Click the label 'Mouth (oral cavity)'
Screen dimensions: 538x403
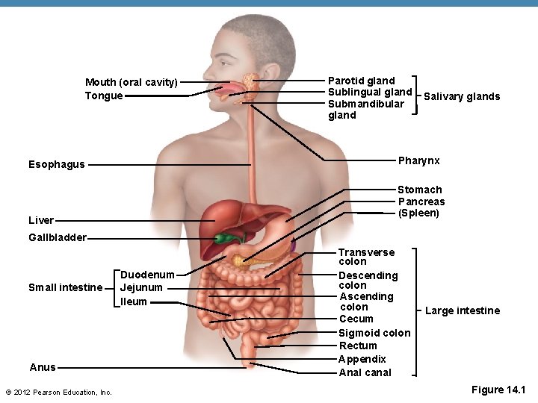pos(131,82)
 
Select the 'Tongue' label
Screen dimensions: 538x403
pos(104,96)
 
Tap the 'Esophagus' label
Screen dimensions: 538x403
pos(56,164)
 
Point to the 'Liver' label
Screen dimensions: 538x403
pos(41,220)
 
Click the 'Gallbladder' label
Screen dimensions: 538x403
pos(57,238)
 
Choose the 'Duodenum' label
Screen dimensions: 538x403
pos(147,275)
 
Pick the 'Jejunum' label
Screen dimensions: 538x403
pos(141,287)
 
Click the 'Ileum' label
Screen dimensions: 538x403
pos(134,302)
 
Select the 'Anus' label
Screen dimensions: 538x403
pos(43,367)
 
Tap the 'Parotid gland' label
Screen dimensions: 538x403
pos(361,81)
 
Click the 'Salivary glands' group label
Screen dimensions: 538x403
pos(462,96)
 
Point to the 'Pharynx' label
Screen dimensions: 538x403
pos(418,161)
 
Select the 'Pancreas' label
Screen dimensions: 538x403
pos(421,201)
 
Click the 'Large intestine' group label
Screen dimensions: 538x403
pos(463,310)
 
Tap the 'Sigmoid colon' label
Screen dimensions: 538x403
pos(374,333)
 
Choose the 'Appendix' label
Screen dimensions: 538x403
pos(362,359)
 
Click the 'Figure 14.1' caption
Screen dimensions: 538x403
pos(498,390)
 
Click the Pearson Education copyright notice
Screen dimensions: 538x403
pos(58,392)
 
